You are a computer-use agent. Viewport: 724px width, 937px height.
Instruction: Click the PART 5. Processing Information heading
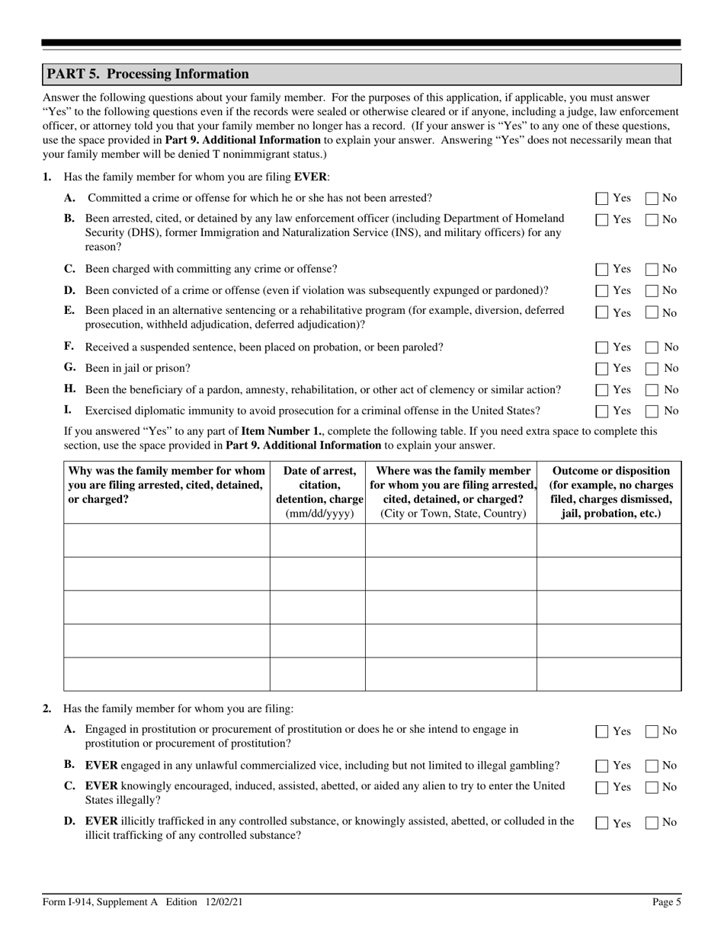148,74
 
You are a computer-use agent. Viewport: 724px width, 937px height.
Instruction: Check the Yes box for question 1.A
602,199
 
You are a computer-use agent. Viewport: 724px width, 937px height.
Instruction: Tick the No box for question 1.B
652,220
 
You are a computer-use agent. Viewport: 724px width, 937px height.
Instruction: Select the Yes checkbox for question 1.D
602,291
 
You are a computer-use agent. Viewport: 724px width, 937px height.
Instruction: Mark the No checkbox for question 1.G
652,369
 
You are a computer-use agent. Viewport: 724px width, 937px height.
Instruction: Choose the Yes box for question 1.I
602,411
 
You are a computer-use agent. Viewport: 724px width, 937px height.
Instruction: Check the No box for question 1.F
652,347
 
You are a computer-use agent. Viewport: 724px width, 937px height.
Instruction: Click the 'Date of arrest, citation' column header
317,484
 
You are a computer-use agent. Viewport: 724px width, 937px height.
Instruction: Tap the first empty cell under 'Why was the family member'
166,540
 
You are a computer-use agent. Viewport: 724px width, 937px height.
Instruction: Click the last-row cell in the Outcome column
609,674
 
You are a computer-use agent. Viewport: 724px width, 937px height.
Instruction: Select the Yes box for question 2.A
602,731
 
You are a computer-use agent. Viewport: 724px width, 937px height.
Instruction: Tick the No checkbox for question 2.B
652,766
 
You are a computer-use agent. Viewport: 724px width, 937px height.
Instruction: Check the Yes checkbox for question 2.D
602,823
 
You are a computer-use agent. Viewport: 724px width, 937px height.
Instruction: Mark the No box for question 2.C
652,787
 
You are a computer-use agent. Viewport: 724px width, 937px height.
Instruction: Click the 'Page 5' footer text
667,902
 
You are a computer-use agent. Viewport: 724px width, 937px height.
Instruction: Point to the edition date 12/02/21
224,902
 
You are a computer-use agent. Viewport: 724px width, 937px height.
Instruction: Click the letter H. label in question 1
70,389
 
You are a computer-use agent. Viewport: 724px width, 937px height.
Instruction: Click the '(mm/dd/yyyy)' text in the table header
317,513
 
